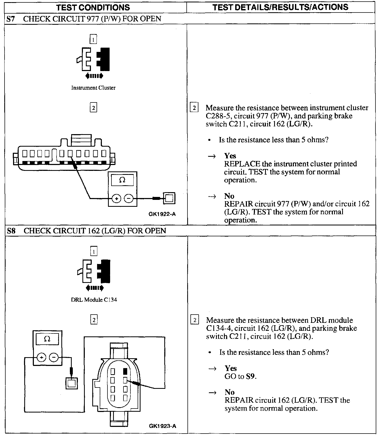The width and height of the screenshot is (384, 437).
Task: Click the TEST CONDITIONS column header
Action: click(x=93, y=7)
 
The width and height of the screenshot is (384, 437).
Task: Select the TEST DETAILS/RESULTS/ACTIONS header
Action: click(x=281, y=7)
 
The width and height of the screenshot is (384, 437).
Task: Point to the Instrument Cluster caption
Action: click(x=93, y=88)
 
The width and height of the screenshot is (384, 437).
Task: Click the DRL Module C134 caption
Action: click(x=94, y=300)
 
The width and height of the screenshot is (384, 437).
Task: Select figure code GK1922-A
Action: click(x=162, y=214)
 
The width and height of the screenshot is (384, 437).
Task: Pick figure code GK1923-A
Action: click(x=163, y=426)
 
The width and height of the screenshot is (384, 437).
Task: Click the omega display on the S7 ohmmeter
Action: click(x=122, y=180)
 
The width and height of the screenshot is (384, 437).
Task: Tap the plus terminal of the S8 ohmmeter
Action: click(x=41, y=357)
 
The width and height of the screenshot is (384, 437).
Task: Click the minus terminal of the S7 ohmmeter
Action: click(x=129, y=198)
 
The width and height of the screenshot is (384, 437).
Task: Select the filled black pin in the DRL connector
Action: click(x=125, y=371)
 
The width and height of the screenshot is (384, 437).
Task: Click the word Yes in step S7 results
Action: click(x=230, y=156)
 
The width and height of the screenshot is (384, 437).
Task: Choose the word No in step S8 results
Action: click(x=230, y=392)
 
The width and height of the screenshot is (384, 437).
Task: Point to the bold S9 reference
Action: click(x=250, y=377)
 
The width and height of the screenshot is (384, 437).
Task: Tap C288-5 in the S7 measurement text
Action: click(x=218, y=116)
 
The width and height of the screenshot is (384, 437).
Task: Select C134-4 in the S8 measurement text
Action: click(x=218, y=328)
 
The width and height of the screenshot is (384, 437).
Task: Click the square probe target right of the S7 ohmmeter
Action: click(x=169, y=198)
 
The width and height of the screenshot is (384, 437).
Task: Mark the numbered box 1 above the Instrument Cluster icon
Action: click(x=93, y=40)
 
